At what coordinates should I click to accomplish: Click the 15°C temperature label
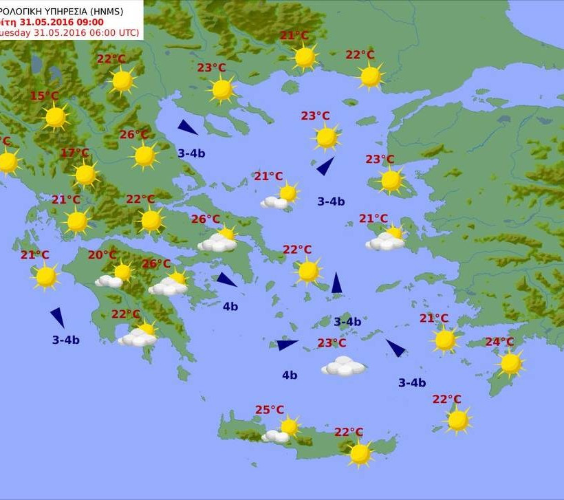coord(44,96)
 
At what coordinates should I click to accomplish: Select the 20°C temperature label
coord(102,255)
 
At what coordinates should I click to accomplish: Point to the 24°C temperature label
coord(499,343)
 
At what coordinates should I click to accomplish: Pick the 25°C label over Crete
coord(270,410)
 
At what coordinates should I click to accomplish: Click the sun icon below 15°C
coord(56,118)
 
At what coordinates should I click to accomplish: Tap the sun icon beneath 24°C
coord(510,364)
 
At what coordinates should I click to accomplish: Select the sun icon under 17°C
coord(85,175)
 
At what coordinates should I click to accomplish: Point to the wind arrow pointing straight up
coord(336,283)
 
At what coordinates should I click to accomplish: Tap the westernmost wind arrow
coord(57,317)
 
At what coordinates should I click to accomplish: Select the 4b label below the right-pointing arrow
coord(290,375)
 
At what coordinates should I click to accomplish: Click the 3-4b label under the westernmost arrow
coord(66,340)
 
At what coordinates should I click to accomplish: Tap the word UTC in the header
coord(127,32)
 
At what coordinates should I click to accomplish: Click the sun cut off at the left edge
coord(7,163)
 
